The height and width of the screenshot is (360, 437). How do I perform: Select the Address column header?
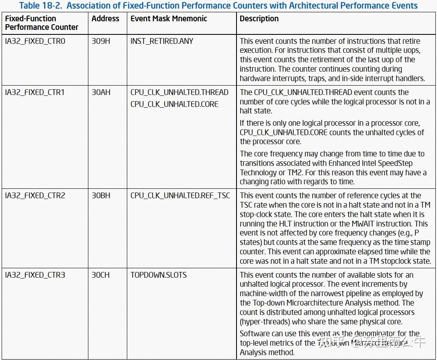click(105, 19)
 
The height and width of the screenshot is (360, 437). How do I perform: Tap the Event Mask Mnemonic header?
click(169, 19)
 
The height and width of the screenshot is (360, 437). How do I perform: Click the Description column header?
click(259, 19)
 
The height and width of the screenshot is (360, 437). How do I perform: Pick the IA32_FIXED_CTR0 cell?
click(35, 41)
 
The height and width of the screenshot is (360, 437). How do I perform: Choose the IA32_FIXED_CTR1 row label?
click(35, 93)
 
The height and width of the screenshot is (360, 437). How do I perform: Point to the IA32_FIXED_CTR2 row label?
click(35, 196)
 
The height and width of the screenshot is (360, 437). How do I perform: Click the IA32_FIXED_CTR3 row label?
click(35, 275)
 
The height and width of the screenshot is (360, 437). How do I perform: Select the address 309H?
click(101, 41)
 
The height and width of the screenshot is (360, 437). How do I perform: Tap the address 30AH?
click(101, 93)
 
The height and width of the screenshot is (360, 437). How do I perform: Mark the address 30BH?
click(101, 196)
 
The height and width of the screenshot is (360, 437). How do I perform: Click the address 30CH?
click(101, 275)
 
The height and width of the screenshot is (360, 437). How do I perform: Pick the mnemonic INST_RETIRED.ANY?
click(162, 41)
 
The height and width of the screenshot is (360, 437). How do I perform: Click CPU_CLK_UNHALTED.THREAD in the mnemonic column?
click(179, 93)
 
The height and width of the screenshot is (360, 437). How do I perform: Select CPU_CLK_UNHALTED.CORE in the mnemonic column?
click(174, 104)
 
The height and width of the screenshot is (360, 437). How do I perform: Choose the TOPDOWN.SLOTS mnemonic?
click(159, 275)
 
